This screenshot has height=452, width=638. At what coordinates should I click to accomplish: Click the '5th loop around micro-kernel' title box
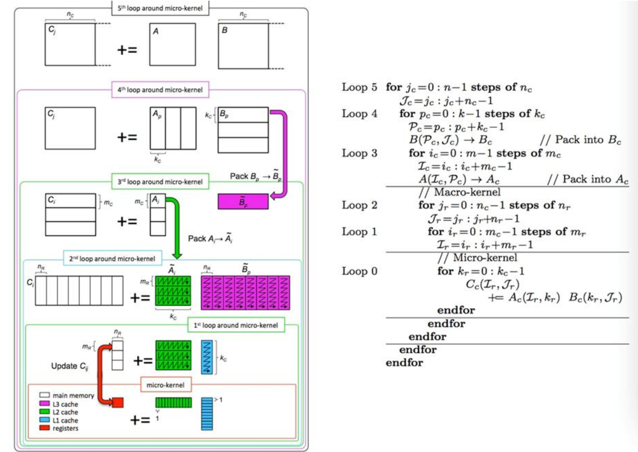pyautogui.click(x=160, y=8)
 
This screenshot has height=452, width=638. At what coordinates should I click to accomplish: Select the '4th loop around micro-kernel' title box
pyautogui.click(x=160, y=90)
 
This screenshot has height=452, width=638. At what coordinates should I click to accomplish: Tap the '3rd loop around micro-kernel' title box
pyautogui.click(x=160, y=181)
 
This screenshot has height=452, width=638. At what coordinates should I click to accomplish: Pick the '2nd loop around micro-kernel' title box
pyautogui.click(x=113, y=258)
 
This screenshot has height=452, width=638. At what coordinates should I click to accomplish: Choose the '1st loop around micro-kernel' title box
pyautogui.click(x=236, y=325)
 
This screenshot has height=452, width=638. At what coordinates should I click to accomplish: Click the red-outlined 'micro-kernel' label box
pyautogui.click(x=166, y=385)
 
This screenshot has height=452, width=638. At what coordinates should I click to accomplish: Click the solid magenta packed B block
pyautogui.click(x=243, y=201)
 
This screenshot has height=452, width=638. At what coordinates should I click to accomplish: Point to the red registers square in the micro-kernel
pyautogui.click(x=118, y=402)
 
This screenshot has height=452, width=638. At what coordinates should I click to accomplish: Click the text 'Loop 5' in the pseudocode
pyautogui.click(x=359, y=87)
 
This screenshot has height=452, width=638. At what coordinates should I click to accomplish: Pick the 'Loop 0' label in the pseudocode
pyautogui.click(x=359, y=271)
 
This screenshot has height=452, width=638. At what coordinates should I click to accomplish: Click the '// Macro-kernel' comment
pyautogui.click(x=460, y=192)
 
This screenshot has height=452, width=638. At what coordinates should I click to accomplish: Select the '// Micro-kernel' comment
pyautogui.click(x=477, y=258)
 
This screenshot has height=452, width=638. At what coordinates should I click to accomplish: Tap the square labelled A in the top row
pyautogui.click(x=173, y=44)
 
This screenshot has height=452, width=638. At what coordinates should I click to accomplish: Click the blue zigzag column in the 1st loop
pyautogui.click(x=207, y=357)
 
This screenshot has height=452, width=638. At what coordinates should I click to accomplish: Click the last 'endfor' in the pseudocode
pyautogui.click(x=404, y=362)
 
